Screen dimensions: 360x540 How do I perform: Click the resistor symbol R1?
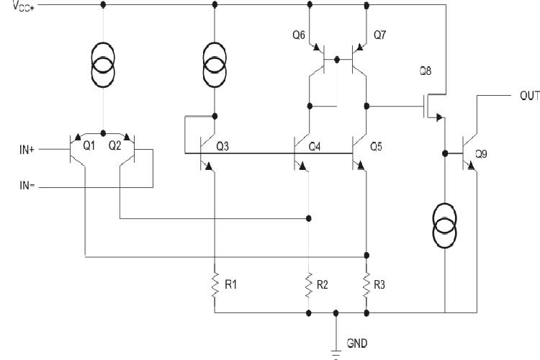pos(215,284)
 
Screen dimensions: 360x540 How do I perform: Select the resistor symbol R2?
pos(308,284)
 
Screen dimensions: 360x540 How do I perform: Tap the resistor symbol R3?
pos(366,284)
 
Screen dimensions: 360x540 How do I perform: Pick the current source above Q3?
pos(215,62)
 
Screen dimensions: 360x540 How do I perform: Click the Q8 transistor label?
pos(426,71)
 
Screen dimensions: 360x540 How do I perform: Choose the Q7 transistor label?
pos(380,35)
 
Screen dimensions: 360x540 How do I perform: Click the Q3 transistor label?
pos(222,146)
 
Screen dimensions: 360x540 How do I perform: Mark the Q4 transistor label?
pos(314,146)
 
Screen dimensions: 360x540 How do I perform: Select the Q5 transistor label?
pos(375,146)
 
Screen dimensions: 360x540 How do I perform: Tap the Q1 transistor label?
pos(89,145)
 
